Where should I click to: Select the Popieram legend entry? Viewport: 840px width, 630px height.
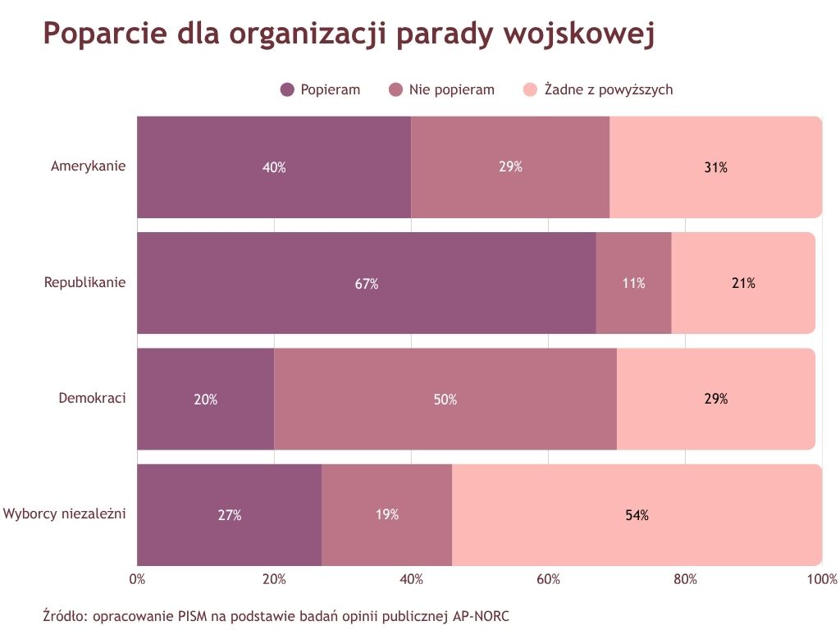pos(320,89)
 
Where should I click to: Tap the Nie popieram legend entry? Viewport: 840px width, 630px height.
pos(441,89)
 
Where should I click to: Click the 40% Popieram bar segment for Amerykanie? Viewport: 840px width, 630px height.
pos(274,167)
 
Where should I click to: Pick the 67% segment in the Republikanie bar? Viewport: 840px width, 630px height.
pos(367,284)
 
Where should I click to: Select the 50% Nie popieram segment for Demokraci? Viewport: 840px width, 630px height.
pos(445,399)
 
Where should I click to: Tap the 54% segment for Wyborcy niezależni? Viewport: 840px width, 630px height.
pos(637,515)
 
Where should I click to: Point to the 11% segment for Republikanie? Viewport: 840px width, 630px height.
pos(633,284)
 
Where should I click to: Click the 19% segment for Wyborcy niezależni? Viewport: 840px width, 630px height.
pos(386,515)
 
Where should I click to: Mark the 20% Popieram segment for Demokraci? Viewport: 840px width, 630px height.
pos(205,399)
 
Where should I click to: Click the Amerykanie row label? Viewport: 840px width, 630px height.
pos(88,167)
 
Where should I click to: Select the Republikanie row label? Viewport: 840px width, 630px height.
pos(84,283)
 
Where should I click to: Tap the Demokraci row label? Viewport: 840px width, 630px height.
pos(92,399)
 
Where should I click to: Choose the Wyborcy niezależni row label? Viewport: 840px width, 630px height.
pos(64,514)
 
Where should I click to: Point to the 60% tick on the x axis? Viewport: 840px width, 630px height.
pos(548,579)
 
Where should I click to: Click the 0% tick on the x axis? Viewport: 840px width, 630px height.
pos(138,579)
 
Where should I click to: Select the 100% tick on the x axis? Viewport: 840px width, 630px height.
pos(821,579)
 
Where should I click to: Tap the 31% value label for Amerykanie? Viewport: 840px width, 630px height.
pos(715,167)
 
